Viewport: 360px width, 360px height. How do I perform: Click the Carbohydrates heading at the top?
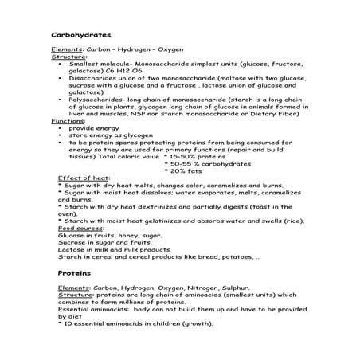point(80,36)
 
